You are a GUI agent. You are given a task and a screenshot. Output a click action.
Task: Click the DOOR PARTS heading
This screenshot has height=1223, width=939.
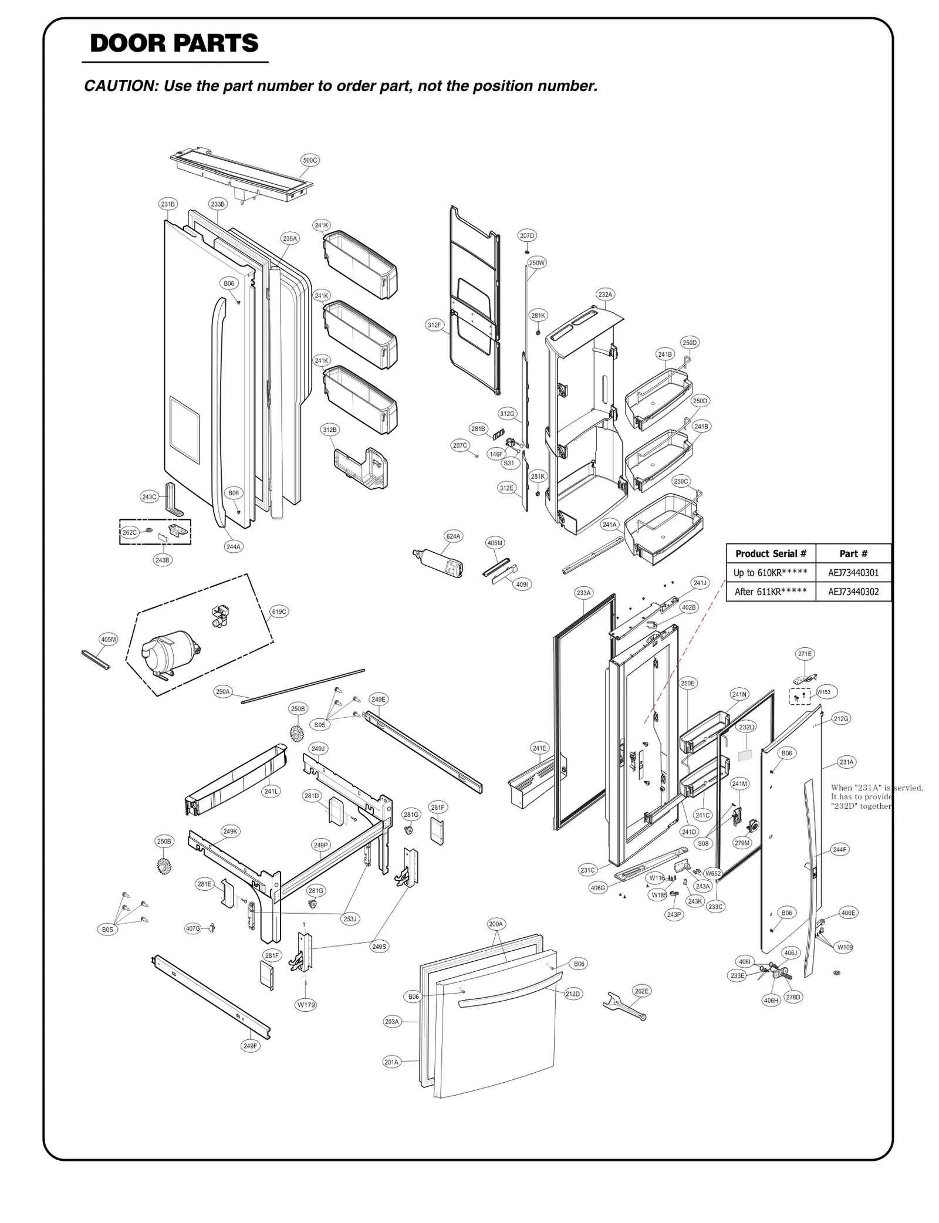tap(174, 43)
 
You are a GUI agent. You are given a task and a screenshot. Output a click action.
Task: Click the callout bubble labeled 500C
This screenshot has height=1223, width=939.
tap(310, 160)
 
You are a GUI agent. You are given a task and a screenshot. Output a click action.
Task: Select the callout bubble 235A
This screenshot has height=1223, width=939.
tap(290, 238)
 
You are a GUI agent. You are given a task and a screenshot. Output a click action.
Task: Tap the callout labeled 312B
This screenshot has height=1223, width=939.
tap(330, 430)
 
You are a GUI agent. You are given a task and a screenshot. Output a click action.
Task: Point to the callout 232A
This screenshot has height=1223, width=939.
tap(605, 294)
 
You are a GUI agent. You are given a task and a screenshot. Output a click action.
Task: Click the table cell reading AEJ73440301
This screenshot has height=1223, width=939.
tap(853, 572)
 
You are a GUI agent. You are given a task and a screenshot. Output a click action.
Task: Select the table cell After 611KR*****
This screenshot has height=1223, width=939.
tap(771, 592)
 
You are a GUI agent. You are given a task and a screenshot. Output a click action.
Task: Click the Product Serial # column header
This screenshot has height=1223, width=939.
tap(771, 553)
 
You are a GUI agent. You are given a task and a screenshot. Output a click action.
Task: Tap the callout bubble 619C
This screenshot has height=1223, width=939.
tap(279, 611)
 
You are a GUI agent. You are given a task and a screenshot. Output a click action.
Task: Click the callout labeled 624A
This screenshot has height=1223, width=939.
tap(453, 536)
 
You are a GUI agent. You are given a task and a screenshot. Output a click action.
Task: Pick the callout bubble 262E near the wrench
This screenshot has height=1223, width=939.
tap(641, 991)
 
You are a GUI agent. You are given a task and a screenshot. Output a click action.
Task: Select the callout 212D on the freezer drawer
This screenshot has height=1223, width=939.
tap(572, 994)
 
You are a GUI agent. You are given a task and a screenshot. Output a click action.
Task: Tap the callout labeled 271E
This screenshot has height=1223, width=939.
tap(805, 654)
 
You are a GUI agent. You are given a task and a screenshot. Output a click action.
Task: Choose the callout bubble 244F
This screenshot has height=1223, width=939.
tap(840, 849)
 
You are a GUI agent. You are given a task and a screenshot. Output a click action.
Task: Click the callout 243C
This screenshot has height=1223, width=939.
tap(149, 496)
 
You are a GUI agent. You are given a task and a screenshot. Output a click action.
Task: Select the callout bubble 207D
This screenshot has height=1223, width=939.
tap(527, 235)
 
